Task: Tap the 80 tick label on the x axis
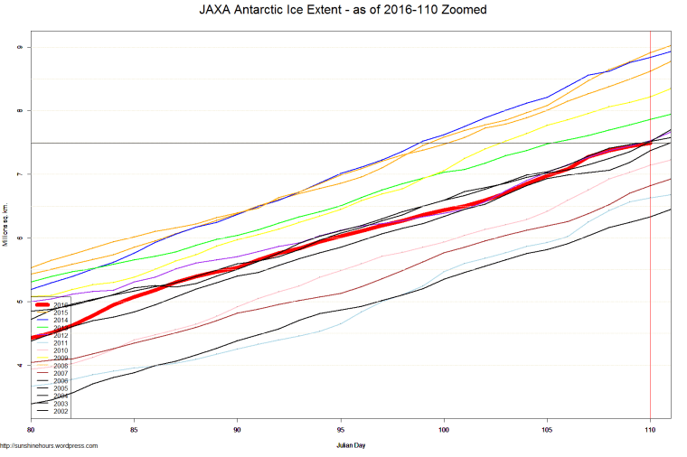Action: coord(32,429)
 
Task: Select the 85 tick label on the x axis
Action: coord(135,429)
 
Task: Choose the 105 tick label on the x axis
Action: coord(547,429)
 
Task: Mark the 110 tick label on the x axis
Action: coord(650,429)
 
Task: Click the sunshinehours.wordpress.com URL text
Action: coord(49,445)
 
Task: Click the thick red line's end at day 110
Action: coord(649,143)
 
